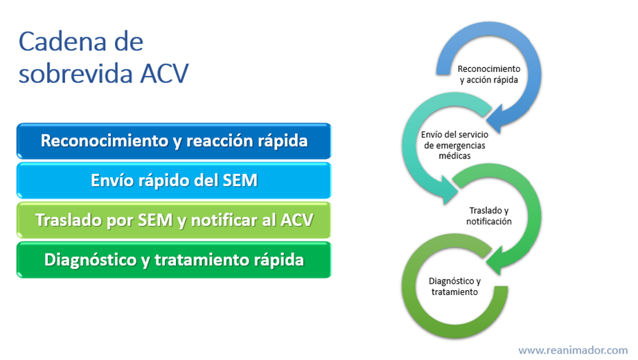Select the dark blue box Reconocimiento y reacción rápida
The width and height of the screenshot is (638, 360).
[x=174, y=141]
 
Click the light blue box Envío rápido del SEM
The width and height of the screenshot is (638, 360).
[x=174, y=180]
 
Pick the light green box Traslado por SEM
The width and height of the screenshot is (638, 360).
[x=174, y=220]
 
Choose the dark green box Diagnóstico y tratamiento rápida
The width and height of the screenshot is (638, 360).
[x=174, y=260]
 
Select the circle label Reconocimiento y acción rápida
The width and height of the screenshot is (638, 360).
[x=488, y=75]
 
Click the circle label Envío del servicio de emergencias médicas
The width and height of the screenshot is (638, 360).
[x=454, y=145]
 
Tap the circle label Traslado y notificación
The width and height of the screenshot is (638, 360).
[x=488, y=216]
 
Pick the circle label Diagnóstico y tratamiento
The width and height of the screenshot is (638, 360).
[x=454, y=287]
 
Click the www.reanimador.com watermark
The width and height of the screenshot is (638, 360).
[x=573, y=350]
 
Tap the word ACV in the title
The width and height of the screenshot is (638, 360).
[x=164, y=73]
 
